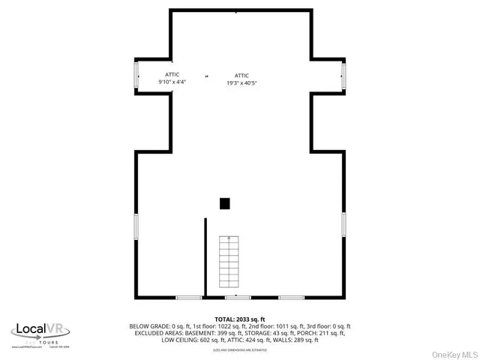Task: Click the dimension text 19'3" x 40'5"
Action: tap(241, 83)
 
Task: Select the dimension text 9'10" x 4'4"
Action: tap(172, 82)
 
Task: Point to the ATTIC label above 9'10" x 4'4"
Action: tap(172, 75)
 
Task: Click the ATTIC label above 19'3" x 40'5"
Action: tap(241, 75)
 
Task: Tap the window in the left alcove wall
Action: tap(136, 75)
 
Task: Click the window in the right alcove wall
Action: tap(343, 75)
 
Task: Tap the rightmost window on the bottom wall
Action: tap(292, 298)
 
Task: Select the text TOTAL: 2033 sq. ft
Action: tap(240, 319)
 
